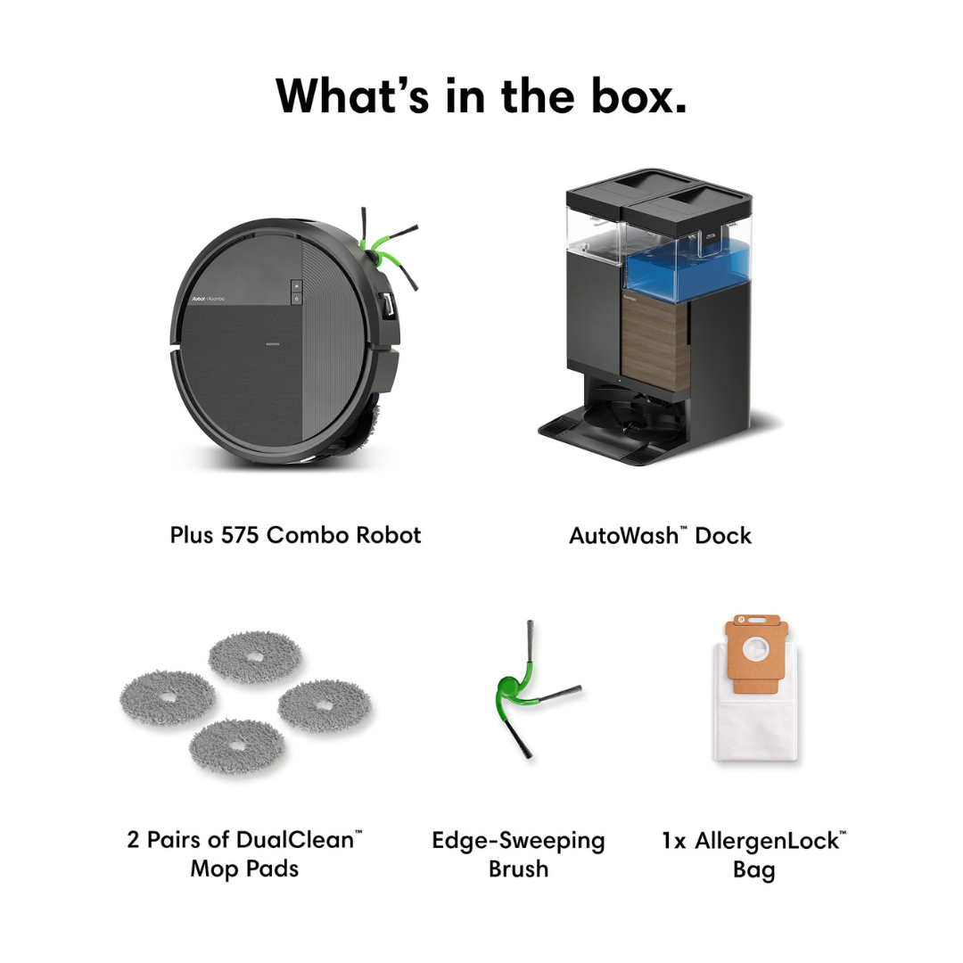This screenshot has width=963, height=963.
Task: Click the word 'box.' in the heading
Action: coord(638,96)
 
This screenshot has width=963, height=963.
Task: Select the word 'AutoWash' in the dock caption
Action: coord(623,536)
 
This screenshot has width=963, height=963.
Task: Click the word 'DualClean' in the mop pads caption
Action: coord(294,840)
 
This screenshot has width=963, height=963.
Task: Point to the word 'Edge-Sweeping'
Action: coord(518,841)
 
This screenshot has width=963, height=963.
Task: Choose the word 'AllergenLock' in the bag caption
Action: coord(767,841)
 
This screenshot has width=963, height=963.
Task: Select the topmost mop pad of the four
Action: coord(255,656)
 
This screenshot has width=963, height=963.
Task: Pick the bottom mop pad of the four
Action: coord(236,745)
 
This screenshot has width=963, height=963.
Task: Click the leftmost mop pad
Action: coord(168,697)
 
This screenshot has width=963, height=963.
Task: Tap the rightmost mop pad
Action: coord(325,705)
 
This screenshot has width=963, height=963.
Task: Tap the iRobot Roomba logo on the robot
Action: coord(208,299)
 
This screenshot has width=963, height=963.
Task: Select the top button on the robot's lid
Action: coord(297,286)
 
